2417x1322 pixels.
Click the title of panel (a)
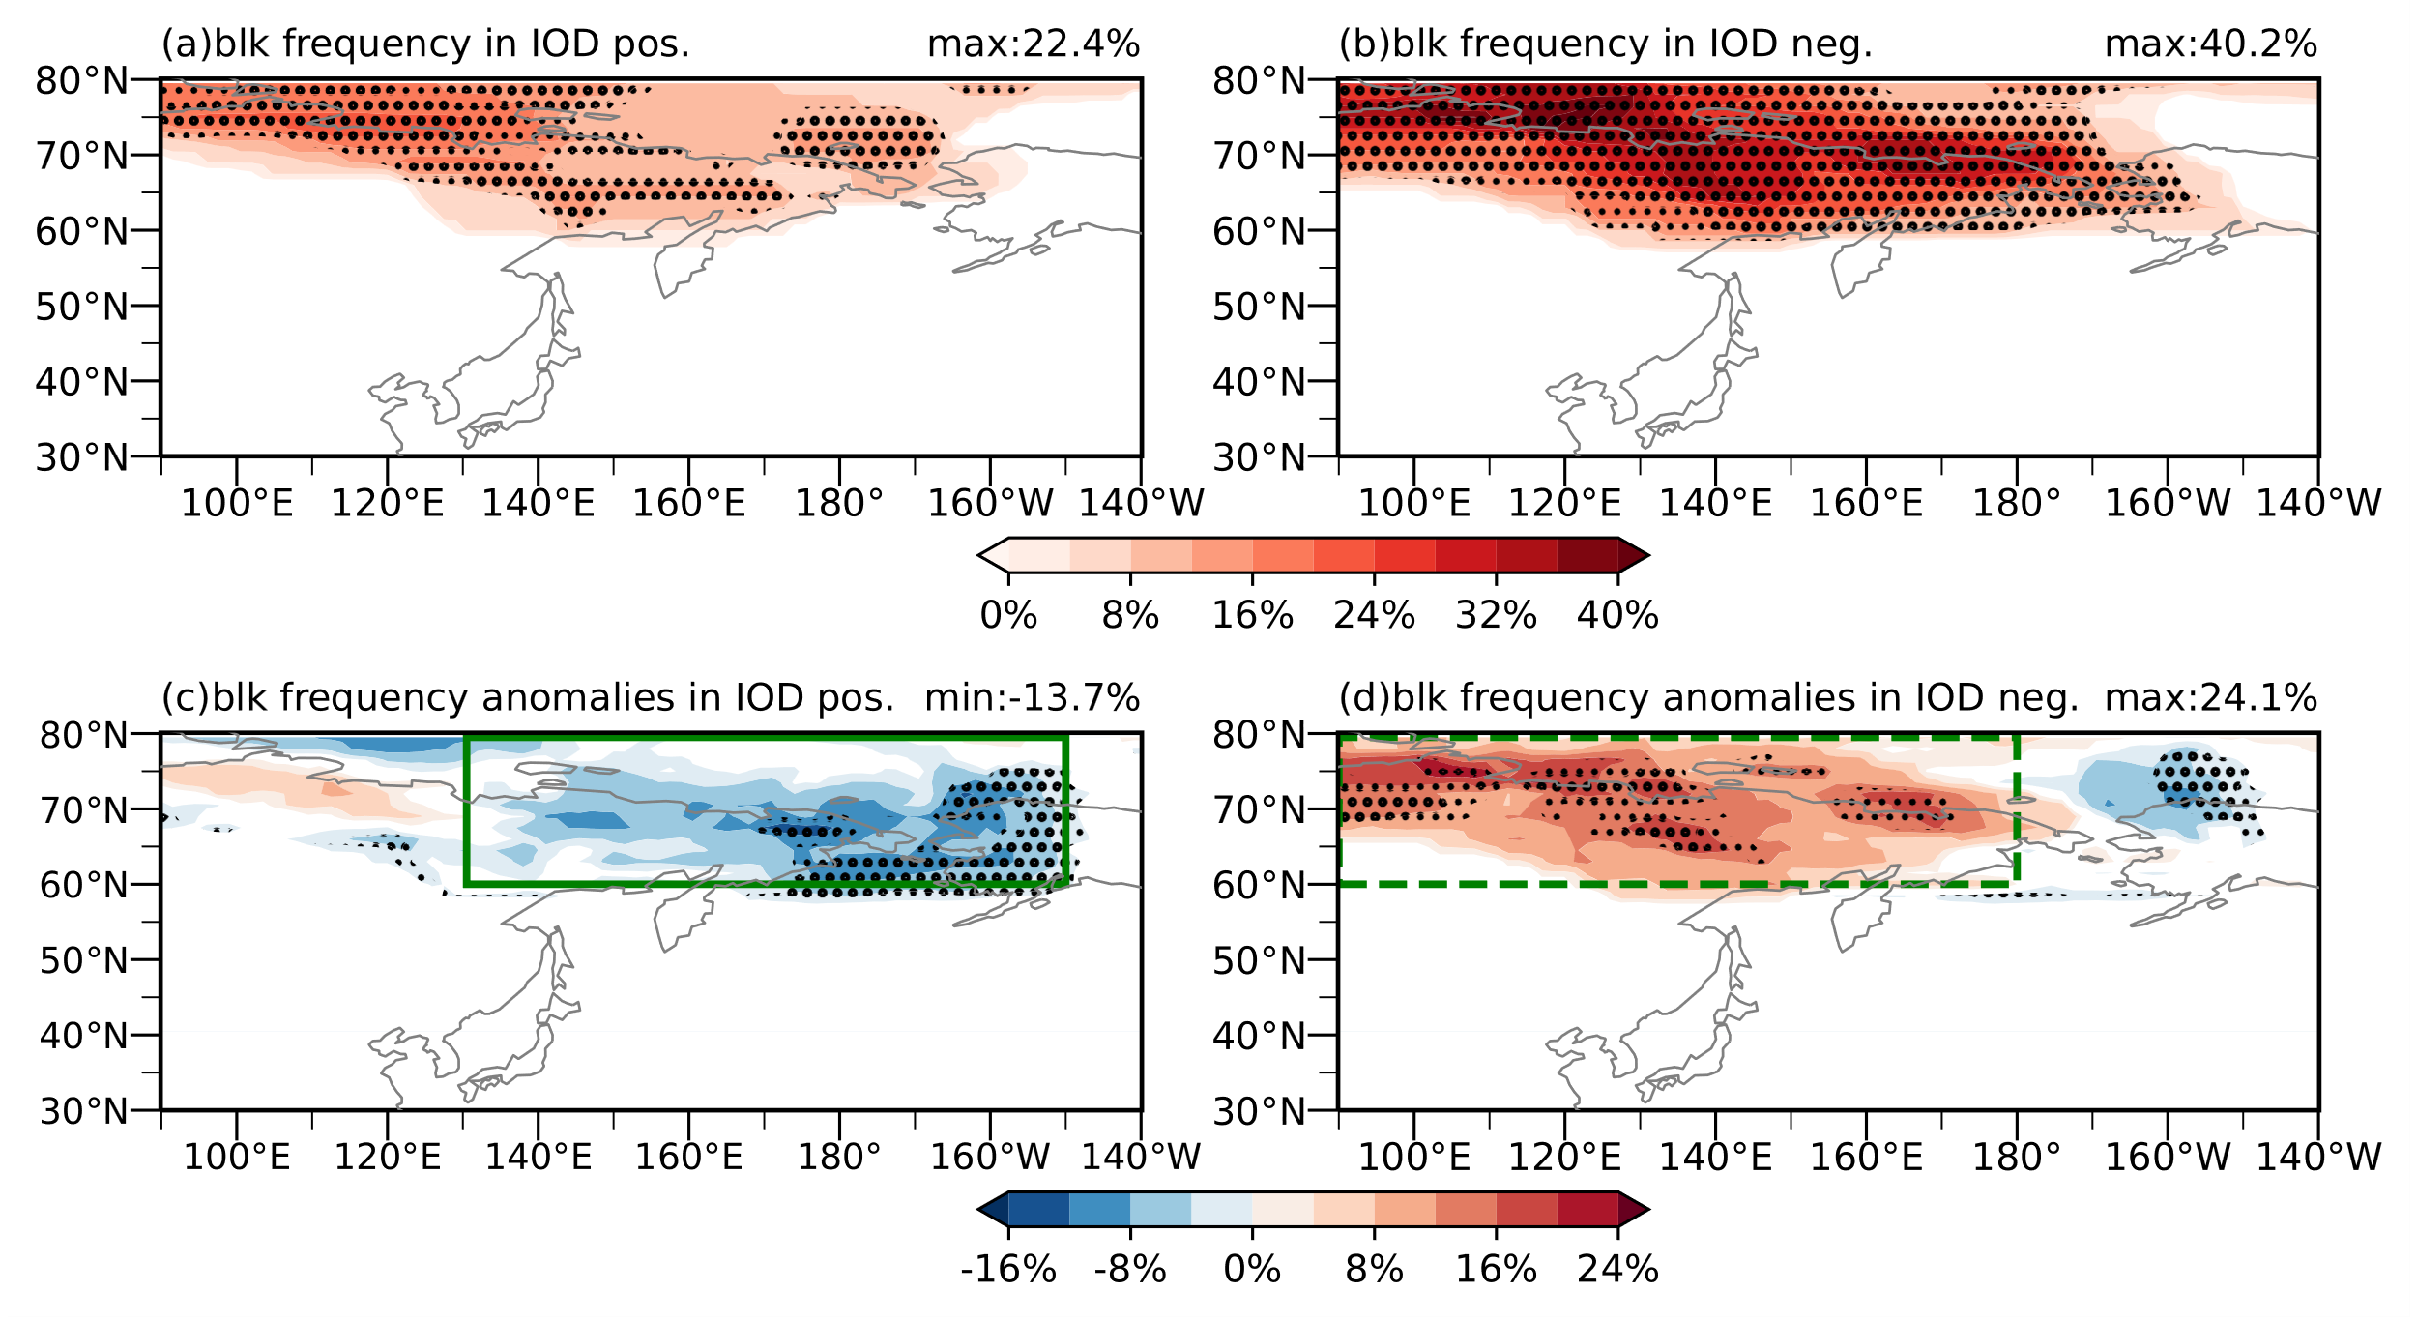point(425,44)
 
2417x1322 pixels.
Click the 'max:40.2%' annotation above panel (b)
point(2211,44)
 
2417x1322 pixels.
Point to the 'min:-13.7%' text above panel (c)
point(1032,698)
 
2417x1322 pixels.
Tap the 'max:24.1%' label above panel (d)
point(2211,698)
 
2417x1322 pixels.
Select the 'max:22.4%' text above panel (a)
point(1034,44)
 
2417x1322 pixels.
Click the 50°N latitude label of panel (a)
point(82,307)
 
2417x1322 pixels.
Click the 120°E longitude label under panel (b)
point(1564,504)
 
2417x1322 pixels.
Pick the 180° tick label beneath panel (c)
point(838,1158)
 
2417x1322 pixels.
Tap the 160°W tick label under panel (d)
point(2168,1158)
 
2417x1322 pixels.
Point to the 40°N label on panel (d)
point(1260,1036)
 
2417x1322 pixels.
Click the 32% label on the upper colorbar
point(1496,615)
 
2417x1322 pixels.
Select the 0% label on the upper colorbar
point(1008,615)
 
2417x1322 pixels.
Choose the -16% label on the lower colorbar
point(1008,1270)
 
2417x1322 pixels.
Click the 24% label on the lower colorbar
point(1617,1270)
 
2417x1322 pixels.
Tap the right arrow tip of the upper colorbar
point(1649,555)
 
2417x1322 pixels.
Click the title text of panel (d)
point(1708,698)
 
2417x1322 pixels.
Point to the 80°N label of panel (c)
point(84,736)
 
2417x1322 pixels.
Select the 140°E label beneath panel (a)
point(538,504)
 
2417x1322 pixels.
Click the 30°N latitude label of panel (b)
point(1260,457)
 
